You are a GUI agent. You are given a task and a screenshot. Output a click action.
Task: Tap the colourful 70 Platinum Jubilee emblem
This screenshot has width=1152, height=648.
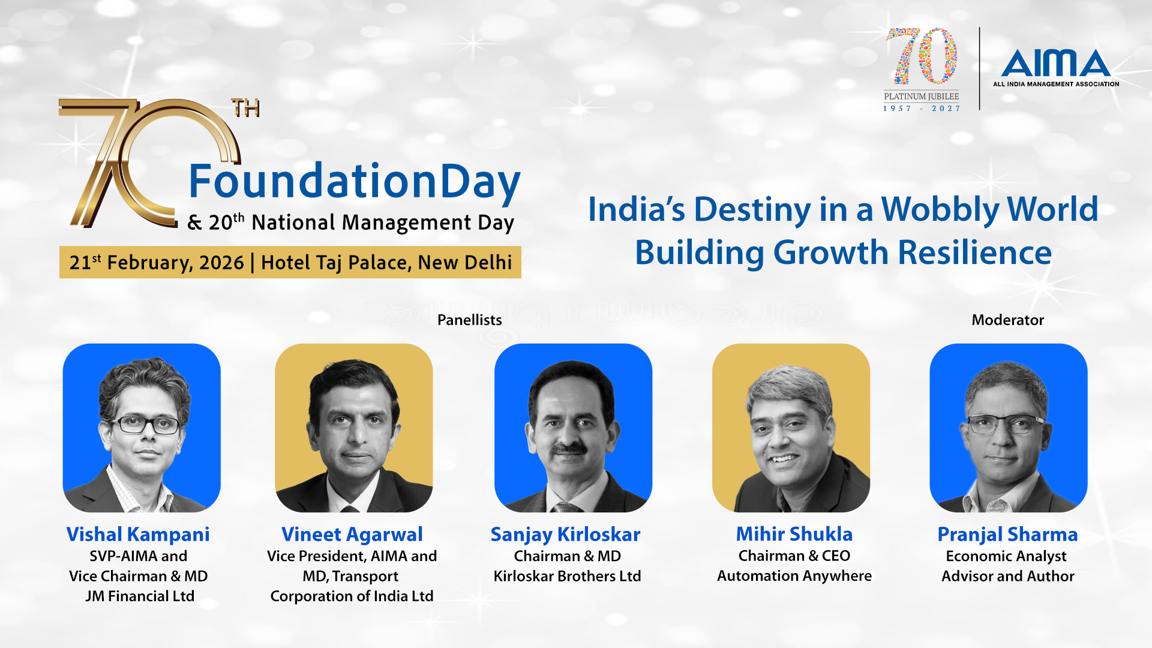pyautogui.click(x=922, y=69)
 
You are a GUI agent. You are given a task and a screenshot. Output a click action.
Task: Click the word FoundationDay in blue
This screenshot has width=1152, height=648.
pyautogui.click(x=355, y=182)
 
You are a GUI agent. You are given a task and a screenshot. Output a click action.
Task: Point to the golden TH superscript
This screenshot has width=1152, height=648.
pyautogui.click(x=245, y=108)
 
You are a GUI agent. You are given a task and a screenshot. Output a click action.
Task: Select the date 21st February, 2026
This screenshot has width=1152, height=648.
pyautogui.click(x=157, y=262)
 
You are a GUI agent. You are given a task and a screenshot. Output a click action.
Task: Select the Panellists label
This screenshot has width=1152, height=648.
pyautogui.click(x=470, y=320)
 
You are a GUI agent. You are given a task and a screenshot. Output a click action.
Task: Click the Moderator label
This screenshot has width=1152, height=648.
pyautogui.click(x=1008, y=320)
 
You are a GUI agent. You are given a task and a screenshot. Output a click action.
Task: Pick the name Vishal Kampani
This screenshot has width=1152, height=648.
pyautogui.click(x=138, y=534)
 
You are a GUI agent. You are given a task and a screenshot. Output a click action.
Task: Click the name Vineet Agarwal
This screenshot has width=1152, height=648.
pyautogui.click(x=352, y=534)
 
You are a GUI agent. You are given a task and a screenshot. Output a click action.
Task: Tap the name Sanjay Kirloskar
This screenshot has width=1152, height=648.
pyautogui.click(x=566, y=534)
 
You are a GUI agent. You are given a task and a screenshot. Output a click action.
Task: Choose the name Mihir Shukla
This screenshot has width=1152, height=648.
pyautogui.click(x=794, y=533)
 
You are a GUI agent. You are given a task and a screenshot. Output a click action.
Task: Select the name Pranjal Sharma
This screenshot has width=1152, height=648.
pyautogui.click(x=1008, y=534)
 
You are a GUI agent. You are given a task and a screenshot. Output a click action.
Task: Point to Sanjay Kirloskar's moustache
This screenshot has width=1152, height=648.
pyautogui.click(x=570, y=448)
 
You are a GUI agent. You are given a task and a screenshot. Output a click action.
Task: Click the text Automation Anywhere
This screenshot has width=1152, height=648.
pyautogui.click(x=794, y=576)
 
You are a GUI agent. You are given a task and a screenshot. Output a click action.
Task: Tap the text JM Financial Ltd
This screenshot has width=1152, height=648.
pyautogui.click(x=140, y=596)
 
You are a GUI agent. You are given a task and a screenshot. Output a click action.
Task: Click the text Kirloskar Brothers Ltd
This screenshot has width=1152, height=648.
pyautogui.click(x=567, y=576)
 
